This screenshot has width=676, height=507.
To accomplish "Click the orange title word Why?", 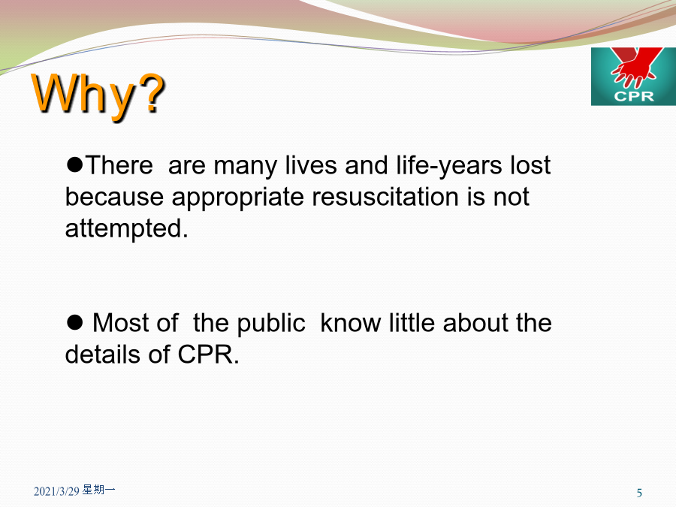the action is (x=98, y=95).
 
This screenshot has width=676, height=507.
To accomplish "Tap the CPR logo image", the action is (x=633, y=77).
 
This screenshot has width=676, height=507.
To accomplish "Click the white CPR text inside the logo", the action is (x=634, y=96).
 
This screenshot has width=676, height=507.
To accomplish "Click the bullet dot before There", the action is (x=74, y=164).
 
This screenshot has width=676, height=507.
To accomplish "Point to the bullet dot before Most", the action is (x=74, y=322).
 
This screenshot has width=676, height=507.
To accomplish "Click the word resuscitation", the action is (x=385, y=197).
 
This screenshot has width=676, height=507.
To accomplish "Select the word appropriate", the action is (x=238, y=198).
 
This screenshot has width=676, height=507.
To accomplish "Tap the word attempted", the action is (x=127, y=229).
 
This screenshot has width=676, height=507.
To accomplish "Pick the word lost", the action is (x=530, y=165).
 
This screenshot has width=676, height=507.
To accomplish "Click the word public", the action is (x=271, y=324).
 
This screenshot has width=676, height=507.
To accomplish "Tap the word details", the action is (x=103, y=355).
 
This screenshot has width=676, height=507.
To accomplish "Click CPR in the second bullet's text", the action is (x=208, y=355).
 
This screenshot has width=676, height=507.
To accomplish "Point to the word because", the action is (x=114, y=197).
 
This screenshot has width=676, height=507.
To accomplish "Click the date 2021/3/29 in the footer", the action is (x=56, y=491).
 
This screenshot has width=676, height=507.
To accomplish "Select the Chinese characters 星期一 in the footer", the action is (x=98, y=490).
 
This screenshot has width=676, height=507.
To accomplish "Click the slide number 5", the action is (x=639, y=493).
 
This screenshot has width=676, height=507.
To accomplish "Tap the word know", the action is (x=351, y=323).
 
